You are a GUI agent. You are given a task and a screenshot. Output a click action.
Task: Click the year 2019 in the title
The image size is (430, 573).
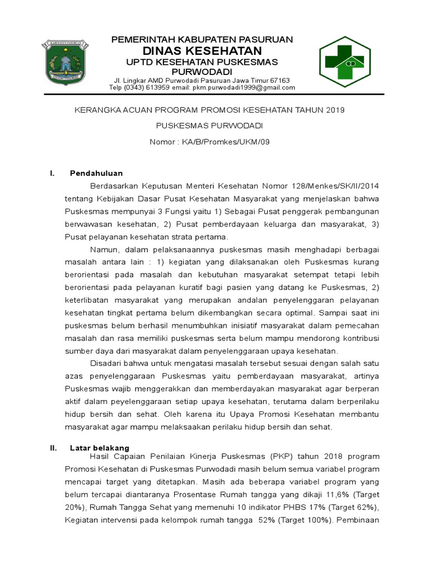(334, 110)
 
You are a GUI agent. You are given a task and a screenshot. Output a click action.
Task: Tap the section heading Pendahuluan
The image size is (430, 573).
(96, 173)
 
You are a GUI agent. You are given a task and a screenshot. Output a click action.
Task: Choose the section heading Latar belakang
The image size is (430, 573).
(100, 448)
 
